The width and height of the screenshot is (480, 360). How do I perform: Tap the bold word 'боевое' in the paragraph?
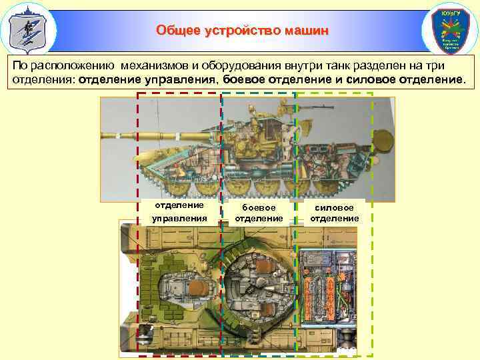[245, 81]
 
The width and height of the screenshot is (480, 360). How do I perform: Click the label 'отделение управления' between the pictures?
[179, 211]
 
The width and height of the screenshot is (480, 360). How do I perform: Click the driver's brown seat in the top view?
[197, 287]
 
